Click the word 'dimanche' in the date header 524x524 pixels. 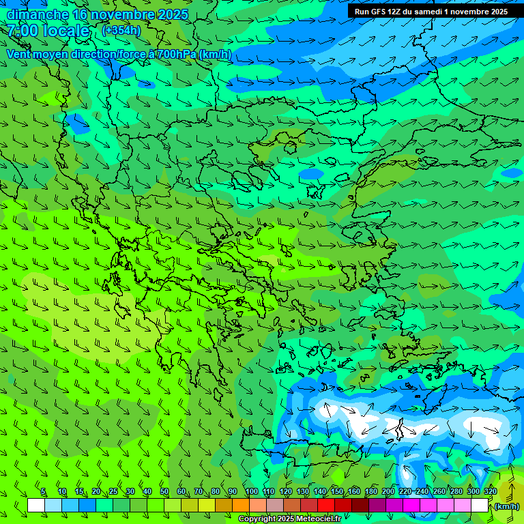38,14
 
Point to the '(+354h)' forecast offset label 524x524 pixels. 121,30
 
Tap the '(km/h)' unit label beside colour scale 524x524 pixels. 506,506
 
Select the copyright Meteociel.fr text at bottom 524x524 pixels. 289,519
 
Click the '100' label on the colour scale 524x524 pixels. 251,492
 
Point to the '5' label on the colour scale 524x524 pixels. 43,492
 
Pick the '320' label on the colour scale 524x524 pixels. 490,492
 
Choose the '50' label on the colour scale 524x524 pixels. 164,492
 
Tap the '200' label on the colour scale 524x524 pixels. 388,492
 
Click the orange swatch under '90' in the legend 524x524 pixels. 241,506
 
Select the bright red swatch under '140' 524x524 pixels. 326,506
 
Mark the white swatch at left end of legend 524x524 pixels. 36,506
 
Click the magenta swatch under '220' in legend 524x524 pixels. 411,506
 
